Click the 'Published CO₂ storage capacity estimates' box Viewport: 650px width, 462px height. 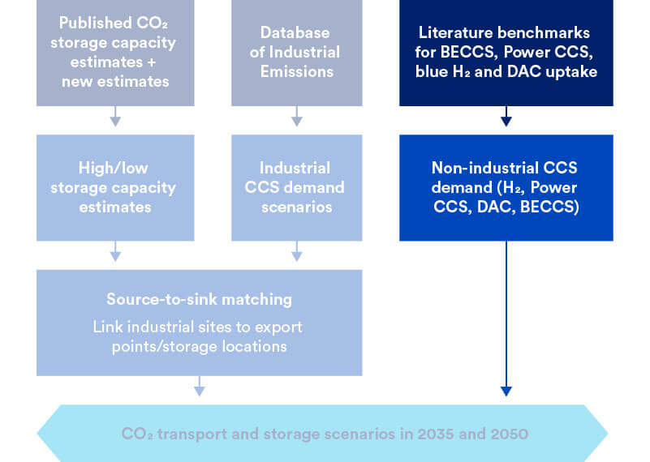click(115, 53)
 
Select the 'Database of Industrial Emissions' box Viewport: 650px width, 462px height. click(297, 53)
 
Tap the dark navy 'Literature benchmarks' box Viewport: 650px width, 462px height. click(506, 53)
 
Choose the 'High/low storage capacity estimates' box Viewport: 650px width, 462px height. click(115, 187)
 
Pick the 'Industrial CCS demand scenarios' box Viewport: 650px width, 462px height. click(297, 187)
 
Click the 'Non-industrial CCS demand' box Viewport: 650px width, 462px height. click(506, 187)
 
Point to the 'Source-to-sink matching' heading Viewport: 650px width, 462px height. click(199, 299)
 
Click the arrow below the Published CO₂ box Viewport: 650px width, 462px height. click(115, 117)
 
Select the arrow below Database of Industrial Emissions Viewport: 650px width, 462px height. click(297, 117)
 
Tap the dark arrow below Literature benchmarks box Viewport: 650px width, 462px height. click(506, 117)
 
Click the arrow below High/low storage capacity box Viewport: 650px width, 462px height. click(115, 251)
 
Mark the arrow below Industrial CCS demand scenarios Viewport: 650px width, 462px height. click(297, 251)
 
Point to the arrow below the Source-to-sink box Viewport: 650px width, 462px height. click(200, 387)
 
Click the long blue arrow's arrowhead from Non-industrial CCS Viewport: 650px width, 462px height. click(506, 391)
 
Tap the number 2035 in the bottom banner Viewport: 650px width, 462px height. click(436, 434)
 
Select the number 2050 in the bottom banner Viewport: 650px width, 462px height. click(510, 434)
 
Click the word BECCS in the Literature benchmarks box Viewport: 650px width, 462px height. click(467, 52)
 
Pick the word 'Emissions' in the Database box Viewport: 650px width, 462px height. click(297, 71)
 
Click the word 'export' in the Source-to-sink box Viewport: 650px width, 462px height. click(278, 327)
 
